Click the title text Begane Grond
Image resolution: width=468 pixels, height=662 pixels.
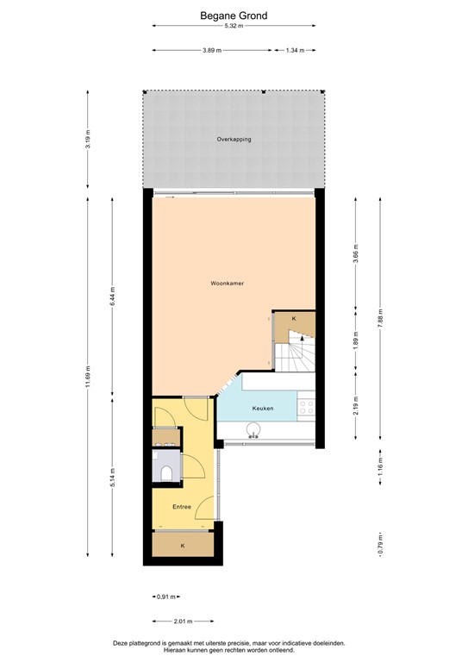[234, 16]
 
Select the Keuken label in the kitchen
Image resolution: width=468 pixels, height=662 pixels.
[263, 409]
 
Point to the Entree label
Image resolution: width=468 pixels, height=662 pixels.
[181, 507]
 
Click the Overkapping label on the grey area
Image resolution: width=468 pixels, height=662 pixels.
[234, 139]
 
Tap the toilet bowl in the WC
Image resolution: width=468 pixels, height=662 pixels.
[165, 472]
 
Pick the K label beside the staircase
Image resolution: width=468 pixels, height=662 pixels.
[294, 319]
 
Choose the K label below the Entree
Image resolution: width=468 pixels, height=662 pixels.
[182, 546]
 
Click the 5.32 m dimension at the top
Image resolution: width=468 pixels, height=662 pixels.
[234, 27]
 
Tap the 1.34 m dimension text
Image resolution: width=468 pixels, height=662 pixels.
[296, 50]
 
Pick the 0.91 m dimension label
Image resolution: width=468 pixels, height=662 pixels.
[166, 596]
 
